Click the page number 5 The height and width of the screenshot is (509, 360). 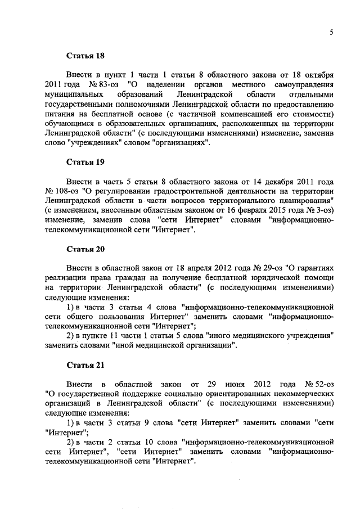pyautogui.click(x=332, y=32)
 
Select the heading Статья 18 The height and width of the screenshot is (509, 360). pyautogui.click(x=85, y=56)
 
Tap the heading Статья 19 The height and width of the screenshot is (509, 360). pyautogui.click(x=85, y=162)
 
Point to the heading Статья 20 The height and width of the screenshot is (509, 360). pyautogui.click(x=85, y=249)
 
